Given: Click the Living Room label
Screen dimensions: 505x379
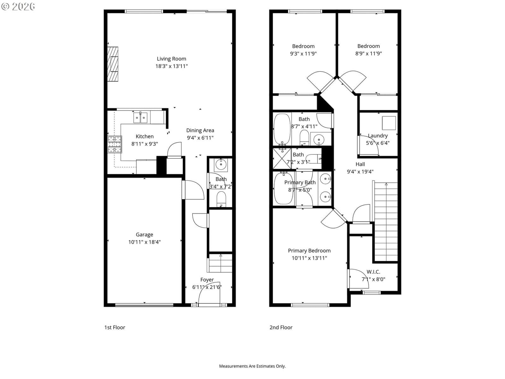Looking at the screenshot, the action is click(x=171, y=59).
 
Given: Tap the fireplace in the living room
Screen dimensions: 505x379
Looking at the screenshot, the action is click(x=113, y=64).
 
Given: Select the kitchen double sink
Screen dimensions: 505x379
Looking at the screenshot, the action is click(x=140, y=117).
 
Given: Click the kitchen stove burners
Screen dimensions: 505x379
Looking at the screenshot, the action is click(x=115, y=145).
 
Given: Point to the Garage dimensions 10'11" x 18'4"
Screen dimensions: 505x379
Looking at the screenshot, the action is click(x=145, y=242).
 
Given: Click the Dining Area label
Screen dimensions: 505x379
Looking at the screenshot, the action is click(x=200, y=130).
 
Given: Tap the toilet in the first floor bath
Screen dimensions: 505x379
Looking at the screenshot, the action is click(x=221, y=199).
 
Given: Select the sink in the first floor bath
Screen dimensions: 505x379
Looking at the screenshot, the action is click(x=221, y=165).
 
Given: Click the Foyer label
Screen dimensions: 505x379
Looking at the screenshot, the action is click(x=207, y=280).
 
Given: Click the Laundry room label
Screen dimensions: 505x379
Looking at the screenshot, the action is click(x=378, y=136).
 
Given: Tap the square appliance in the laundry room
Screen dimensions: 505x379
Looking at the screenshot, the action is click(x=389, y=123).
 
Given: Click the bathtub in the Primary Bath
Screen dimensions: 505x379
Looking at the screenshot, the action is click(x=283, y=189).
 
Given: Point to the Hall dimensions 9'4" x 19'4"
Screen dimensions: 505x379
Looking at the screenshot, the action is click(x=360, y=172).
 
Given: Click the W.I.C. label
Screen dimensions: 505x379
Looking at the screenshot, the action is click(x=373, y=272).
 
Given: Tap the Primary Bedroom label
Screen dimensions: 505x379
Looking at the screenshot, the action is click(x=309, y=251).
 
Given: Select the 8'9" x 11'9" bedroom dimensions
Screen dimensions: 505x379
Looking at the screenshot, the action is click(x=369, y=54).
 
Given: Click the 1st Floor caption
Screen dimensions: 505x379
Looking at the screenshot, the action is click(x=115, y=328).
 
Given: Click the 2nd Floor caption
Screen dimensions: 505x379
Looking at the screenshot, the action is click(x=281, y=328).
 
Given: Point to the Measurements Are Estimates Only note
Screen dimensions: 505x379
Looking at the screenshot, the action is click(x=252, y=366).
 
